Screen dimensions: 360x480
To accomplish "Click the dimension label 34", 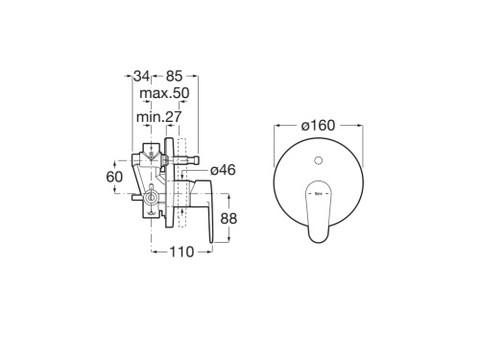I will tap(140, 75).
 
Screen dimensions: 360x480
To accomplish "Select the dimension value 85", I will tap(174, 75).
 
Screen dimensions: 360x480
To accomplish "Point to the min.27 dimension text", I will tap(159, 116).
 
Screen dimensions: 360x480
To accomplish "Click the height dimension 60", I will tap(113, 177).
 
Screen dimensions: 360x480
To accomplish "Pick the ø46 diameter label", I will tap(225, 170).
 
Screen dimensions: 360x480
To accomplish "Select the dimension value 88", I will tap(228, 218).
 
